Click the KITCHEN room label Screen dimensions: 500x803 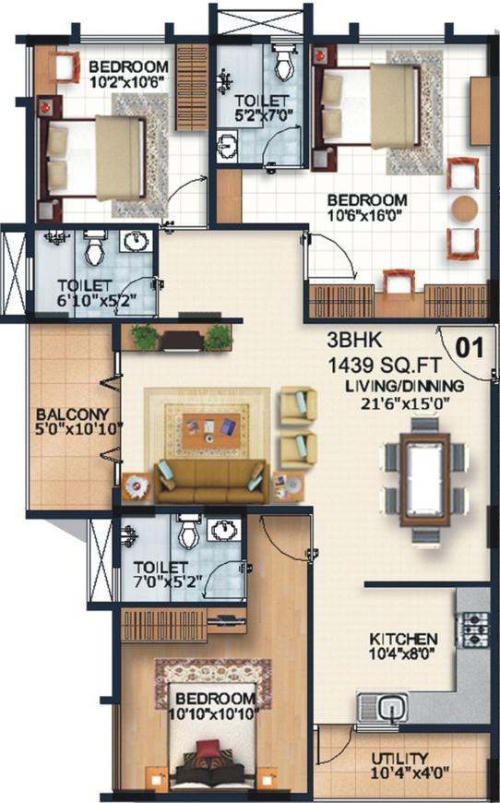pos(403,639)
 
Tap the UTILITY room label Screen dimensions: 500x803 pos(399,759)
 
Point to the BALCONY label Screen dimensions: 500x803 pos(72,413)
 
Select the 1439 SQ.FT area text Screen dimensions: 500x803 pos(384,366)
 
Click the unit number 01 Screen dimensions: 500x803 pos(470,348)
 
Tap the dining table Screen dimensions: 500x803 pos(424,480)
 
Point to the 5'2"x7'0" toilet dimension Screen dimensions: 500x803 pos(263,115)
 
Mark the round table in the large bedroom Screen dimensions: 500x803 pos(465,209)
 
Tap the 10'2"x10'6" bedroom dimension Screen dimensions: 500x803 pos(127,82)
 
